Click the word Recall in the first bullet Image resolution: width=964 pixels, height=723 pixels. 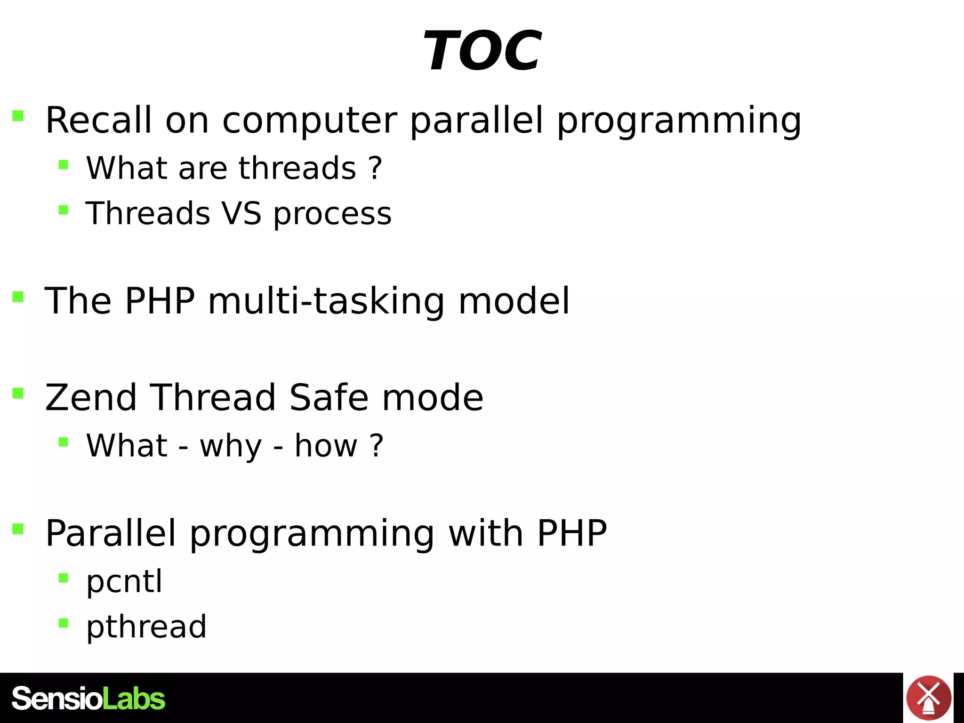(x=98, y=120)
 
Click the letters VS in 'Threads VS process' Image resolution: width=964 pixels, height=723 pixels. (x=241, y=213)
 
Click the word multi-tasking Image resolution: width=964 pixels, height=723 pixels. (x=326, y=301)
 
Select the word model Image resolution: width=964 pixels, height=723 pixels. (x=514, y=301)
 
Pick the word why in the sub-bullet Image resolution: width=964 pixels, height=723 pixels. (x=231, y=446)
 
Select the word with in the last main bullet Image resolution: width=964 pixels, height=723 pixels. (x=486, y=533)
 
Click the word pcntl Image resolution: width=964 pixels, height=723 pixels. (x=124, y=582)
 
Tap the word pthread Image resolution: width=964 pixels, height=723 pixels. (x=146, y=627)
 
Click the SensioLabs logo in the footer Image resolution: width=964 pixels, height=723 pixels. (x=88, y=699)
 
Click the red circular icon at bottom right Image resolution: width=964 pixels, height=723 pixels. (x=928, y=698)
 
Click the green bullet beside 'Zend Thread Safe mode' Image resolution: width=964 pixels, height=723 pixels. (x=18, y=393)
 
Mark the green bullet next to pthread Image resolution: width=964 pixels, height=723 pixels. (x=64, y=623)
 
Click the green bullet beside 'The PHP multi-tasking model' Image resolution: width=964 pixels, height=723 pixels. (x=18, y=297)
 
